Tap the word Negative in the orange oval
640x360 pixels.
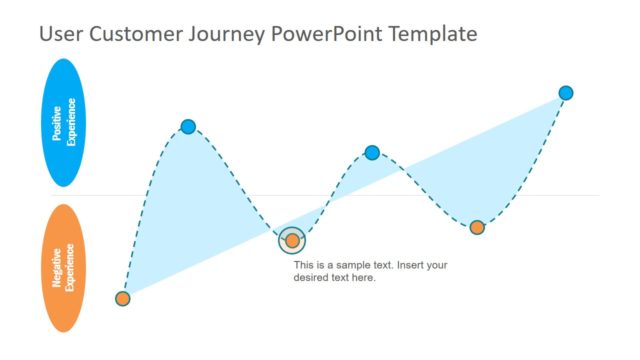pyautogui.click(x=57, y=268)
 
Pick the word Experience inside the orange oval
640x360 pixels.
pyautogui.click(x=71, y=268)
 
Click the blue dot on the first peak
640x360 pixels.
pyautogui.click(x=188, y=126)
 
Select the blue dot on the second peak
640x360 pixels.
pyautogui.click(x=372, y=153)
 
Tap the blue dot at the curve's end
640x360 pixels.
pyautogui.click(x=566, y=93)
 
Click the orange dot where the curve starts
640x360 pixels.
pyautogui.click(x=123, y=298)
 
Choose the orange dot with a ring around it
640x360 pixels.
pyautogui.click(x=292, y=240)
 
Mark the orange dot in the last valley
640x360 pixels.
pyautogui.click(x=477, y=227)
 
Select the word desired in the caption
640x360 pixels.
pyautogui.click(x=311, y=278)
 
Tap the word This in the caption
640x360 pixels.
pyautogui.click(x=303, y=265)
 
